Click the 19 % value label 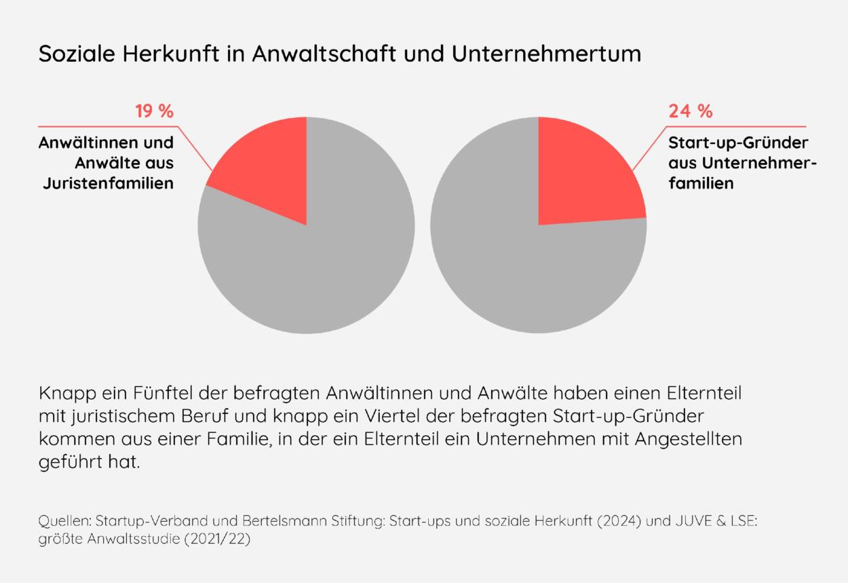pyautogui.click(x=154, y=111)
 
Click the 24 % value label pyautogui.click(x=690, y=111)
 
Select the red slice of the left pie pyautogui.click(x=268, y=176)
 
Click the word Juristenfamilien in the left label pyautogui.click(x=108, y=183)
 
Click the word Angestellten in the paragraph pyautogui.click(x=689, y=438)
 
